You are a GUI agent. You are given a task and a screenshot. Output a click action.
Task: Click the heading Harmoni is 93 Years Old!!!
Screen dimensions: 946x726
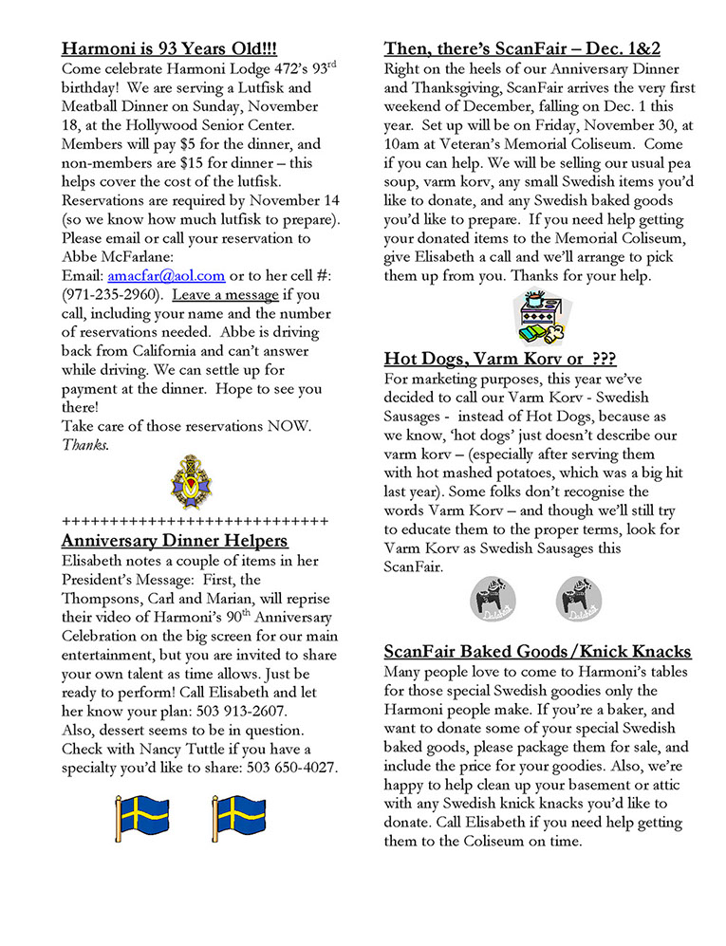click(x=169, y=48)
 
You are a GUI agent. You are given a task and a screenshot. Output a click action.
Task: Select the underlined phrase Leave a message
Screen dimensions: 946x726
click(x=225, y=295)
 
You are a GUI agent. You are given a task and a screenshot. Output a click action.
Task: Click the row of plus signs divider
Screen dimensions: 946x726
click(x=195, y=521)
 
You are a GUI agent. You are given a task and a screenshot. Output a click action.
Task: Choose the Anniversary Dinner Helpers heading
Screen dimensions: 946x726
click(x=175, y=541)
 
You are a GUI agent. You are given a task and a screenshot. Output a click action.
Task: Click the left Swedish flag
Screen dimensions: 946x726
click(x=141, y=819)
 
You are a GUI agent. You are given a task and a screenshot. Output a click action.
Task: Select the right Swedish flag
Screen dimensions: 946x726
click(x=238, y=819)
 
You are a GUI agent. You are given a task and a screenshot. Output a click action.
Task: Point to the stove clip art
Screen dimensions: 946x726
click(x=537, y=319)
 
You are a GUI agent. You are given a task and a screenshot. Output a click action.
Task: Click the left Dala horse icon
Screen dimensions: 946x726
click(x=493, y=597)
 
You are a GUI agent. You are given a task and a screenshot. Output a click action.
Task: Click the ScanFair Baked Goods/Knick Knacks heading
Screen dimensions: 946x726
click(x=537, y=652)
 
